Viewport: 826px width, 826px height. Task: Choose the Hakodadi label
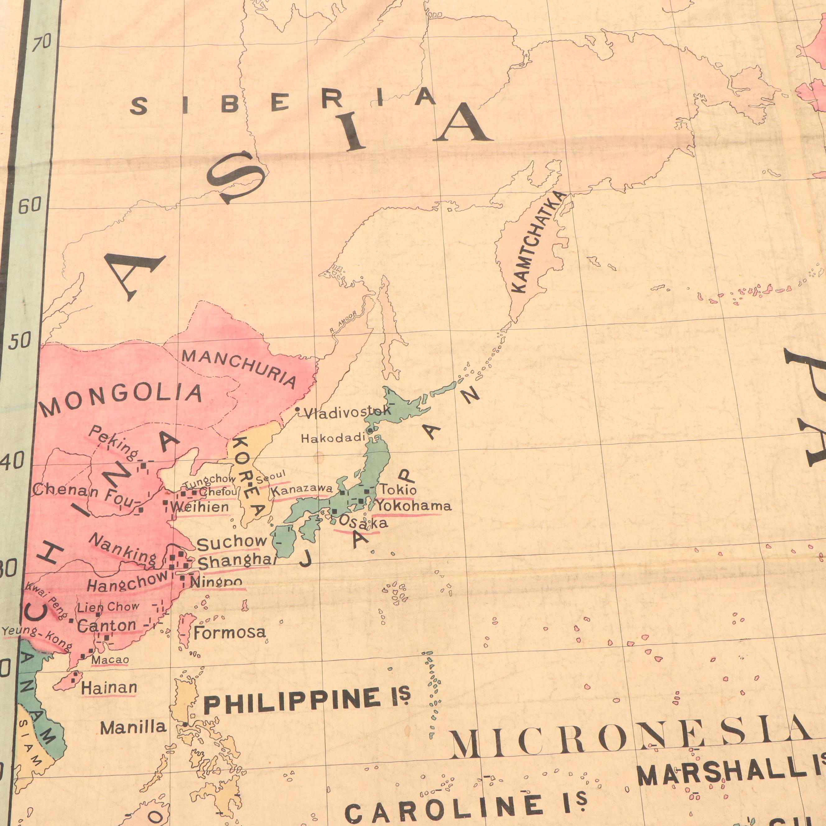[333, 438]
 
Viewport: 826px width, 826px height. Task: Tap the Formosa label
[230, 632]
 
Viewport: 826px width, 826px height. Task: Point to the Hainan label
[109, 688]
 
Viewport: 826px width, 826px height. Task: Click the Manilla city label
[133, 727]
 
